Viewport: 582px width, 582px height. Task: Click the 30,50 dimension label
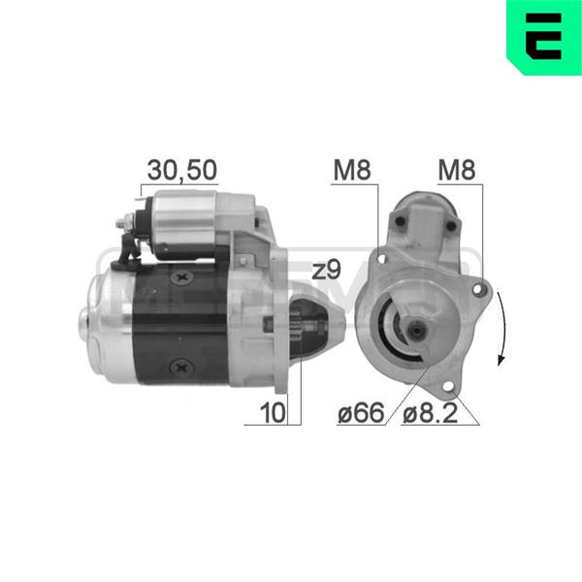182,170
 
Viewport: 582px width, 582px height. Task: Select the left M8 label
352,170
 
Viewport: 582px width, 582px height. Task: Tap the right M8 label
457,170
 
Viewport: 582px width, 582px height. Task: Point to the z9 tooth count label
326,271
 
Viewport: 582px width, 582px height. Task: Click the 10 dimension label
274,412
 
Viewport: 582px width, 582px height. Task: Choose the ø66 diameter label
361,413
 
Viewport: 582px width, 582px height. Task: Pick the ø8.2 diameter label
430,413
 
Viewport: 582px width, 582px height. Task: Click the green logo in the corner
544,37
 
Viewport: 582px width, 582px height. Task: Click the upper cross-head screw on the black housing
181,276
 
